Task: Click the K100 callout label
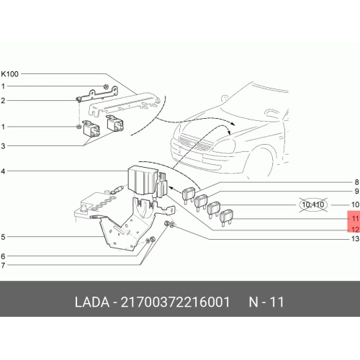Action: [9, 74]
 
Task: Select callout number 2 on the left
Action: [3, 101]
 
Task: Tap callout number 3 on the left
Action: [3, 146]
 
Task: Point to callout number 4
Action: [3, 171]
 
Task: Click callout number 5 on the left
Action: [3, 237]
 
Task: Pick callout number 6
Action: [3, 256]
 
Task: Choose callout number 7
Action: [3, 266]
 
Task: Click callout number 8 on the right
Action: [356, 182]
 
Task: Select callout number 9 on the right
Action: [356, 192]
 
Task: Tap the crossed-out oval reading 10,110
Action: [313, 204]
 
